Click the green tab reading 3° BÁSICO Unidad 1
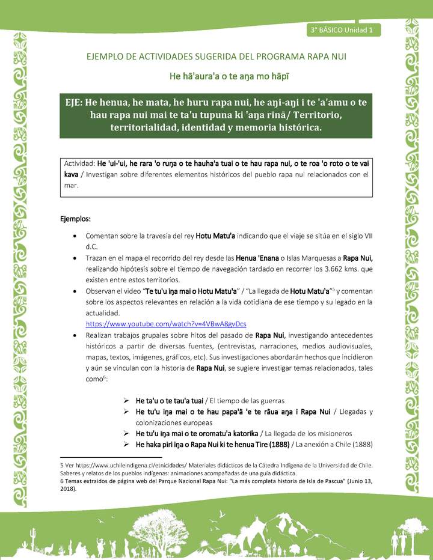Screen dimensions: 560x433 (x=342, y=29)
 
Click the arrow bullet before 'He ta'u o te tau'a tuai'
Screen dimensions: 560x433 (x=127, y=400)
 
